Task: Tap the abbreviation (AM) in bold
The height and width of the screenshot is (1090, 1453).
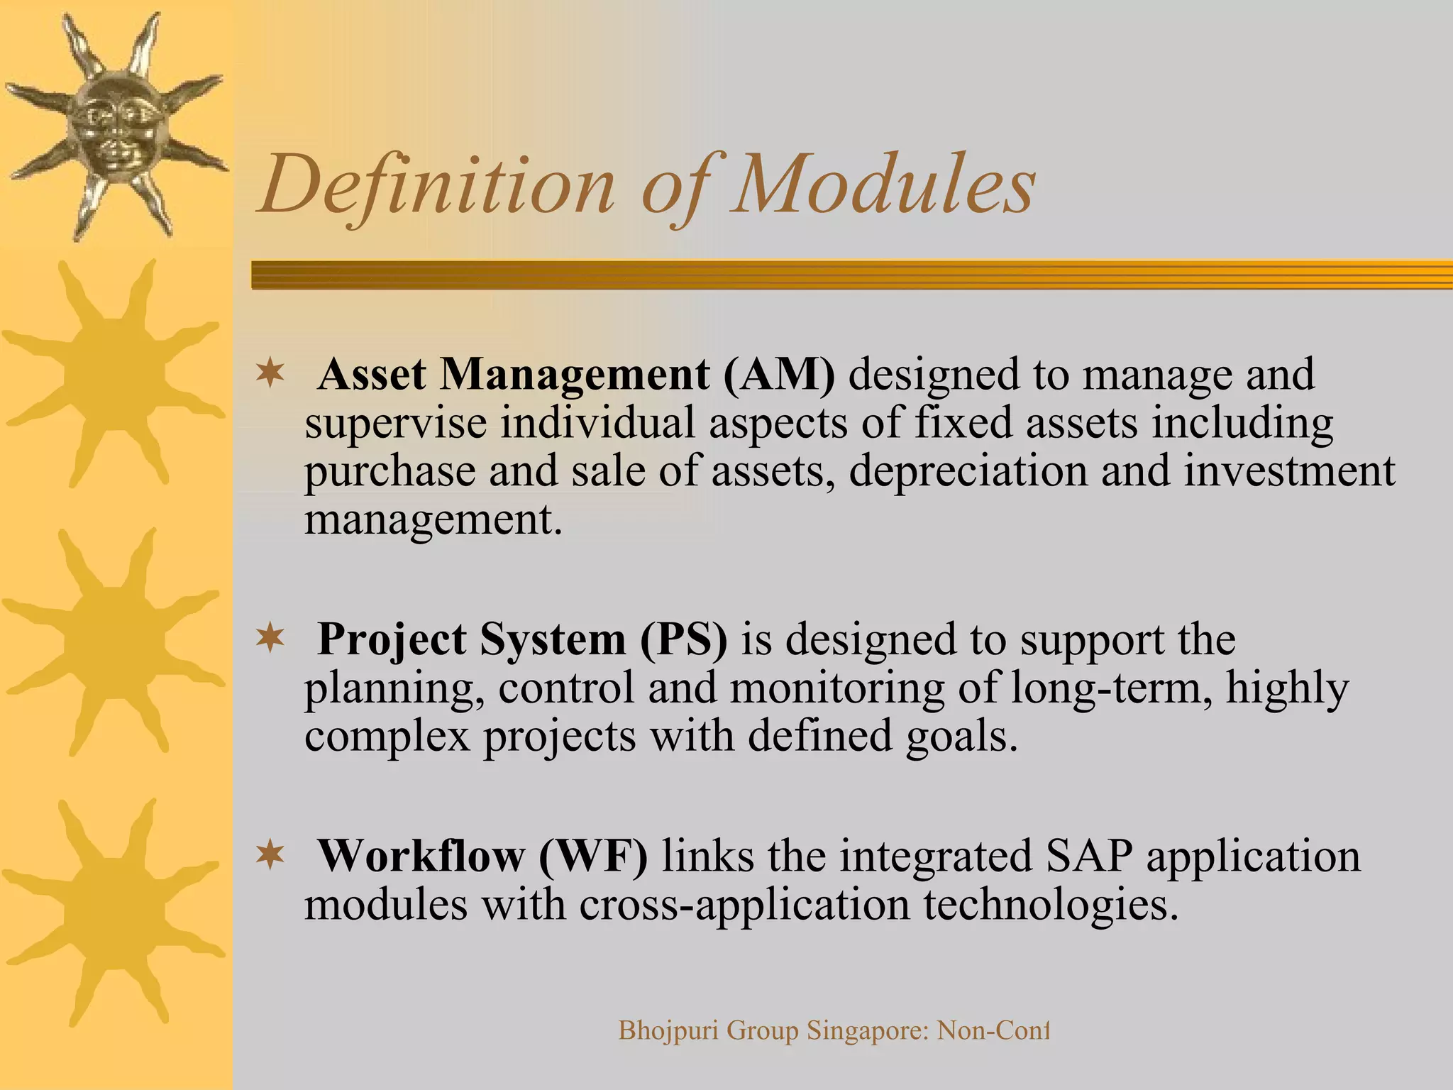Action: point(778,375)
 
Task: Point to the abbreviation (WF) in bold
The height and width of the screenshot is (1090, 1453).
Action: point(593,857)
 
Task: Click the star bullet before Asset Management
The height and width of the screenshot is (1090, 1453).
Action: point(270,372)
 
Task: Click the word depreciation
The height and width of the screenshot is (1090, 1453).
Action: point(968,471)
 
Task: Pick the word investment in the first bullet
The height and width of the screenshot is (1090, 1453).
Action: point(1288,471)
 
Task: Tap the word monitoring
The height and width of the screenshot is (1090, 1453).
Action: point(836,688)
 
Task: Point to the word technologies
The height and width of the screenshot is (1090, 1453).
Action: point(1051,905)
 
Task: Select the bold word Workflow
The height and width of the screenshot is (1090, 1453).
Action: point(420,857)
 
